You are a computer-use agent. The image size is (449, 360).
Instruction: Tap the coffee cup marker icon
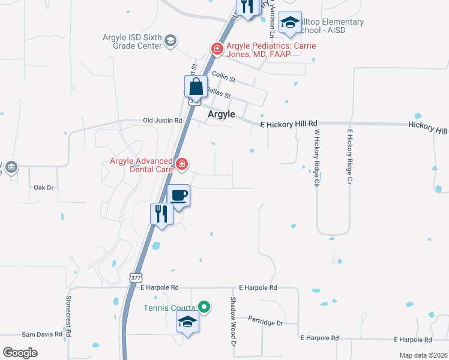pos(178,195)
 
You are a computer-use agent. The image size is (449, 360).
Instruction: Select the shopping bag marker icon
pos(196,86)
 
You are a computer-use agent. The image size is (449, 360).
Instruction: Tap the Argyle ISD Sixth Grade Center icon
pos(170,41)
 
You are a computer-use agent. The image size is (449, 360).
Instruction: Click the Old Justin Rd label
pos(162,121)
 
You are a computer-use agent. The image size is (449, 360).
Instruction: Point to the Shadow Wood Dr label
pos(234,322)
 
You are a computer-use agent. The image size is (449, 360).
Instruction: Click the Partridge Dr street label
pos(265,323)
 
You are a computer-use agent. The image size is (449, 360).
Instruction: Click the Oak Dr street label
pos(43,187)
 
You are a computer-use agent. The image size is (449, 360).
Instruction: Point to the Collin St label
pos(223,79)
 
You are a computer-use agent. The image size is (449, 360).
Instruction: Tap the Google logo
pos(20,353)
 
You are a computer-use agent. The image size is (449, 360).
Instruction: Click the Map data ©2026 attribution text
pos(423,355)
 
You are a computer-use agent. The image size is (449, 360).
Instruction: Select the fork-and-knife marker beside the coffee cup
pos(161,214)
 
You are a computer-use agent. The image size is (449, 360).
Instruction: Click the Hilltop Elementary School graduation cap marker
pos(291,23)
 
